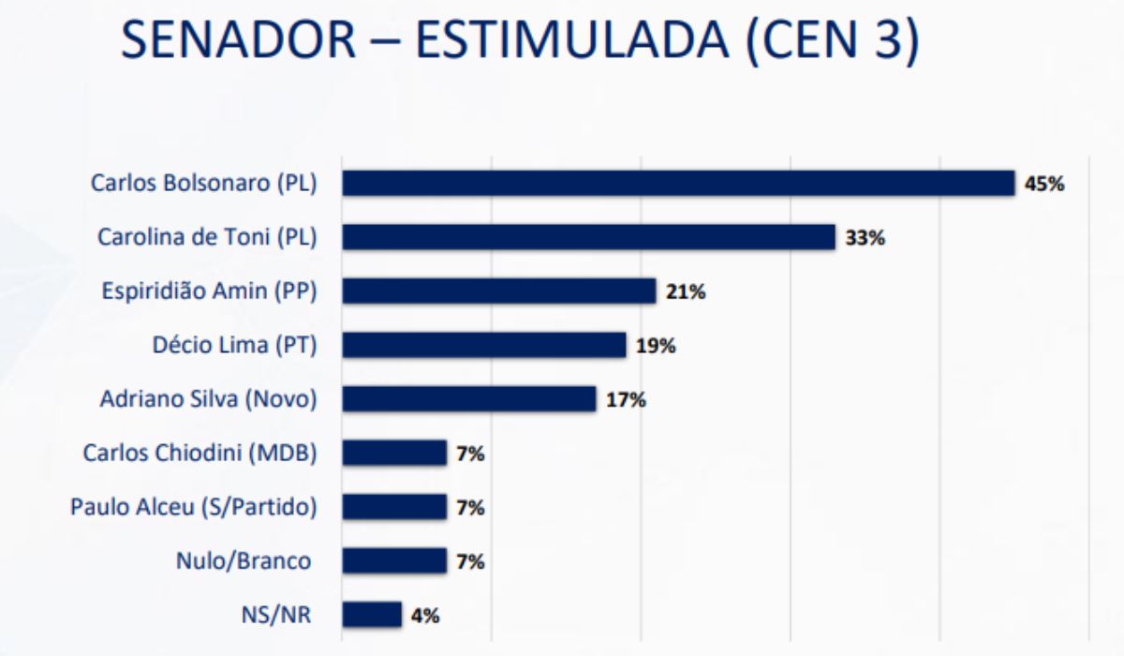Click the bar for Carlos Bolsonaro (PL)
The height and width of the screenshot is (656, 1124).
[x=678, y=183]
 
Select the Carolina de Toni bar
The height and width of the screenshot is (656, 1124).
[x=588, y=237]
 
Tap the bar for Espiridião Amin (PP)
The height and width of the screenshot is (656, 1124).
[x=498, y=291]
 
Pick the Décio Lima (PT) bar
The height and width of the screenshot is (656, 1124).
[x=484, y=345]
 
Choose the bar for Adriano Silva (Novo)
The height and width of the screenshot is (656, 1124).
[x=469, y=399]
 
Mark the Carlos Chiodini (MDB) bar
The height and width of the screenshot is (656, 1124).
[x=394, y=453]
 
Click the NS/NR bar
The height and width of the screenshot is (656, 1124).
[x=372, y=615]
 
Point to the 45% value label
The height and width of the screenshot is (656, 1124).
[x=1044, y=185]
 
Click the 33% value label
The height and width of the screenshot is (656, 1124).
[x=865, y=238]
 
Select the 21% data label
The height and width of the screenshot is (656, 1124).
[x=686, y=292]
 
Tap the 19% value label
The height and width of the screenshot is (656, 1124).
[x=656, y=346]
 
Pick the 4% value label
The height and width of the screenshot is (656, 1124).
[x=425, y=616]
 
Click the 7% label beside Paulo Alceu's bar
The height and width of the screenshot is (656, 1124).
[x=470, y=508]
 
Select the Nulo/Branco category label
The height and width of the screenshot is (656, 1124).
[x=244, y=561]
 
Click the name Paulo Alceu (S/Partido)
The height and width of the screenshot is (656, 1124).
[x=194, y=507]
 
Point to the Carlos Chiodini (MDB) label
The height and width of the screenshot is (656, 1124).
[x=200, y=453]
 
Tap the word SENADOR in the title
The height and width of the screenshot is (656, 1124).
[x=238, y=39]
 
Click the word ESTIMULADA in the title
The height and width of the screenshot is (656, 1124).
[x=571, y=39]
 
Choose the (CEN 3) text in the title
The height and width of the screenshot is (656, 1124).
[x=833, y=40]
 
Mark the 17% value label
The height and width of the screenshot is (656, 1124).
[x=626, y=400]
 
